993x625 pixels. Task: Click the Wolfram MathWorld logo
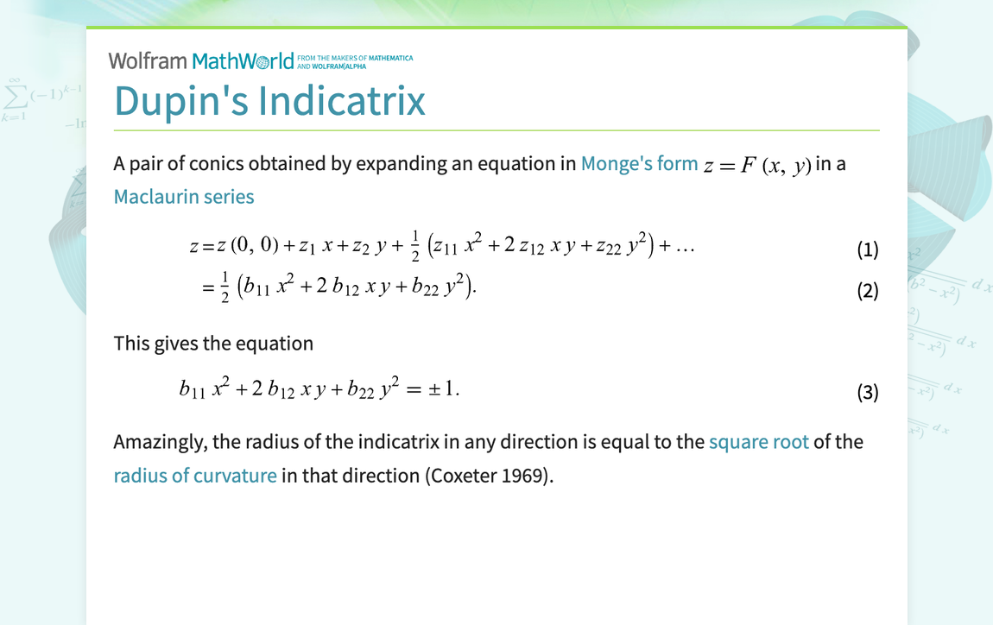click(201, 61)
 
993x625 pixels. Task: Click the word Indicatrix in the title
click(342, 100)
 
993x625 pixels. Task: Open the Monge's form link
click(639, 163)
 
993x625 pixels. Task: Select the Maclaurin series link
click(184, 197)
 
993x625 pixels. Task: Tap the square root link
click(758, 442)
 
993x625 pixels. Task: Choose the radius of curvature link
click(195, 476)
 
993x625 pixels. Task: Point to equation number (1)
click(867, 250)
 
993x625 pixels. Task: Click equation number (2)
click(867, 291)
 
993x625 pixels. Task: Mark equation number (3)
click(867, 393)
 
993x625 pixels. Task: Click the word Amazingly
click(160, 443)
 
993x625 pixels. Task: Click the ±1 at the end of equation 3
click(444, 389)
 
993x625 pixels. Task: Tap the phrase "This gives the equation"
click(213, 344)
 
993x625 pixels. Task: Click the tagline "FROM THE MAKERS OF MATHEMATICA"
click(355, 58)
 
